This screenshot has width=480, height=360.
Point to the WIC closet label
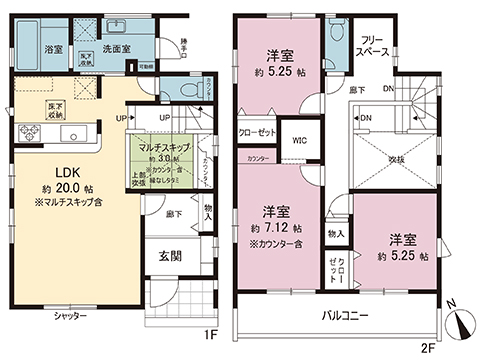click(x=299, y=141)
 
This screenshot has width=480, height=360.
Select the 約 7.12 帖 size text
click(x=277, y=228)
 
